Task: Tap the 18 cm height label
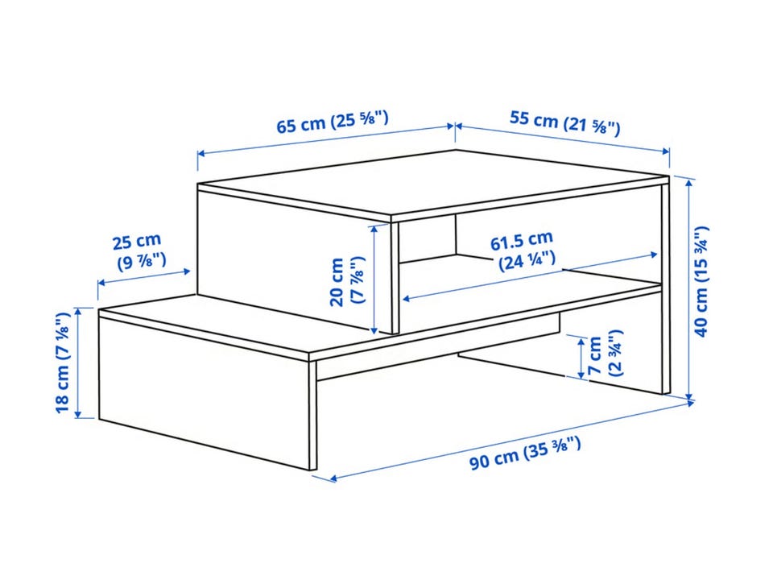[x=63, y=362]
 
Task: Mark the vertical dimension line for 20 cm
[x=375, y=278]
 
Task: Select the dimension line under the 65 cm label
[x=326, y=140]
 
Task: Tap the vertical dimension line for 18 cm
[x=78, y=362]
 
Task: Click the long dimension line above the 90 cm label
[x=511, y=441]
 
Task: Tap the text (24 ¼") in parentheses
[x=527, y=261]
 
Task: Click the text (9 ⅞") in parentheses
[x=142, y=260]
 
